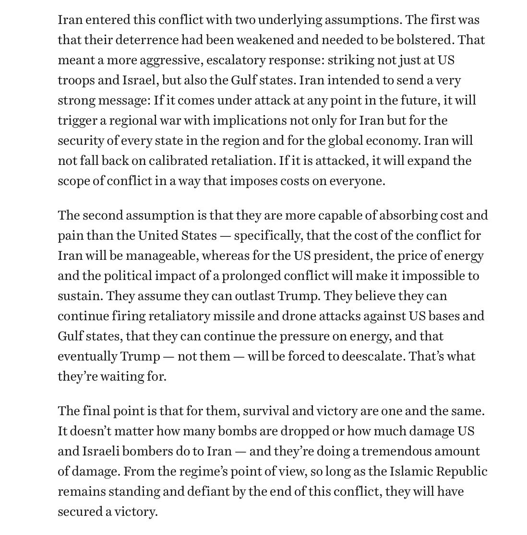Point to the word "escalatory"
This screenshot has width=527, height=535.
tap(235, 60)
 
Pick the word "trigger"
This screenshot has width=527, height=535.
tap(77, 120)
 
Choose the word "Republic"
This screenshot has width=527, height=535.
tap(461, 471)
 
